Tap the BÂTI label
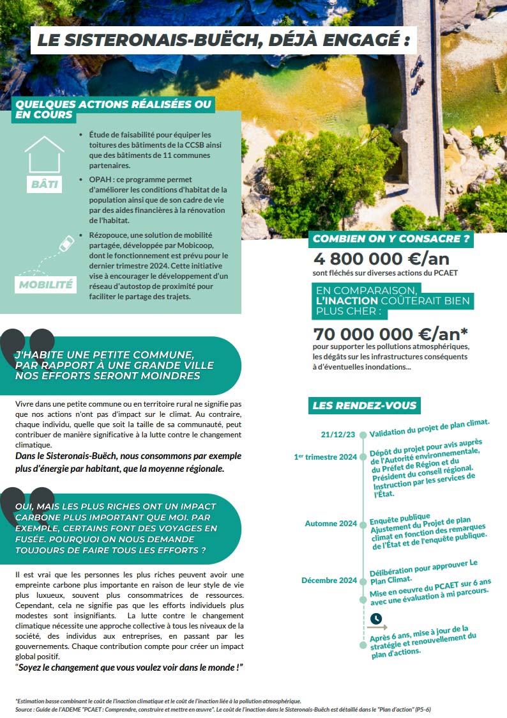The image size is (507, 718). click(45, 185)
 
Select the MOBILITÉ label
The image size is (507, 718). click(45, 285)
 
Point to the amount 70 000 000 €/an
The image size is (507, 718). click(390, 334)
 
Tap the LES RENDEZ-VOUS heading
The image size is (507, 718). click(364, 405)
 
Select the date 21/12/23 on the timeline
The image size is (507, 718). click(338, 435)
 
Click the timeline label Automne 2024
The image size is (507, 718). click(331, 524)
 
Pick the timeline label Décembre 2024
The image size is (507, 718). click(329, 581)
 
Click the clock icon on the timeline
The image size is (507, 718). click(376, 619)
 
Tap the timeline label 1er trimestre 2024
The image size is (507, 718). click(325, 457)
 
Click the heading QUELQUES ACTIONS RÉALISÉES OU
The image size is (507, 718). click(113, 104)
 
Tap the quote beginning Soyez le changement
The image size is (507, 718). click(130, 667)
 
